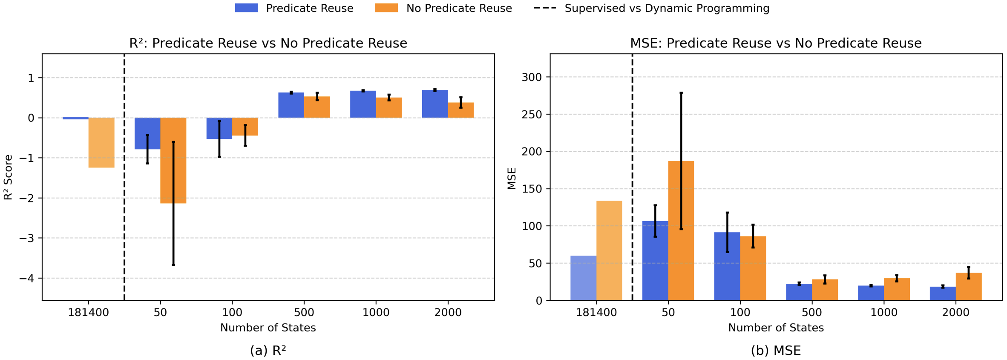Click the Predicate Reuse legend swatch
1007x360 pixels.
pos(246,8)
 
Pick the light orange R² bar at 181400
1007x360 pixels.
pos(101,143)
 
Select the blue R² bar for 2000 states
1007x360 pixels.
pos(435,104)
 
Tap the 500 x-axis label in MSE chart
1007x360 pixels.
pos(812,313)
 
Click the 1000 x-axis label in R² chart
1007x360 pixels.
pos(376,313)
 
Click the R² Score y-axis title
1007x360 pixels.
pos(8,177)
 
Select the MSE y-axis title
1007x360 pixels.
pos(512,178)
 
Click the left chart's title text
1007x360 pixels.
pos(268,43)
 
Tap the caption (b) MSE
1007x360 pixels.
pos(776,351)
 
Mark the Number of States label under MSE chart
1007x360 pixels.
pos(776,328)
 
